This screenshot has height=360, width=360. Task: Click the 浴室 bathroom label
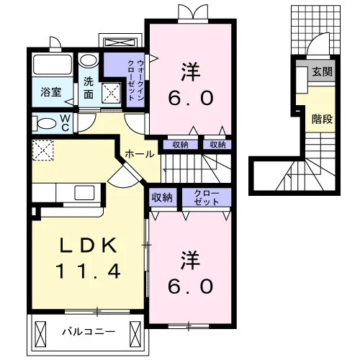click(51, 92)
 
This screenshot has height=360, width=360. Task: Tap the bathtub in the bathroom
click(53, 65)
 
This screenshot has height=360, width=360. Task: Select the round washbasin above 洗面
click(88, 60)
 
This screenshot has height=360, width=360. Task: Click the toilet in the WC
click(45, 124)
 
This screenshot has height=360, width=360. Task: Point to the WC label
click(65, 123)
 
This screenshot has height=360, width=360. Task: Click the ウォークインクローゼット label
click(136, 81)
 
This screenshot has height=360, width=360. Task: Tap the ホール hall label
click(140, 154)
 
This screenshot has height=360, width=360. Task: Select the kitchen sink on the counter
click(84, 192)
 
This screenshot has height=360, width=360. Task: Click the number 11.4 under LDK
click(88, 271)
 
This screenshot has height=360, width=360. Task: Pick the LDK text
click(89, 245)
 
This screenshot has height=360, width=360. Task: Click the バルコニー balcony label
click(89, 332)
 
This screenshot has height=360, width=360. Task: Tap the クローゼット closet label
click(207, 197)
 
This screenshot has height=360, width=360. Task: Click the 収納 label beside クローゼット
click(162, 197)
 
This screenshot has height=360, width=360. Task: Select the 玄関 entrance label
click(322, 71)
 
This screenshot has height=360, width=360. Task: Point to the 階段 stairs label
click(322, 119)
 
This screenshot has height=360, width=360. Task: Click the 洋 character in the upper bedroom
click(191, 72)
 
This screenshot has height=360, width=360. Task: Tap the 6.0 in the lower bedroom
click(191, 287)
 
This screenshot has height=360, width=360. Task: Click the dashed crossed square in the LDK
click(43, 150)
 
